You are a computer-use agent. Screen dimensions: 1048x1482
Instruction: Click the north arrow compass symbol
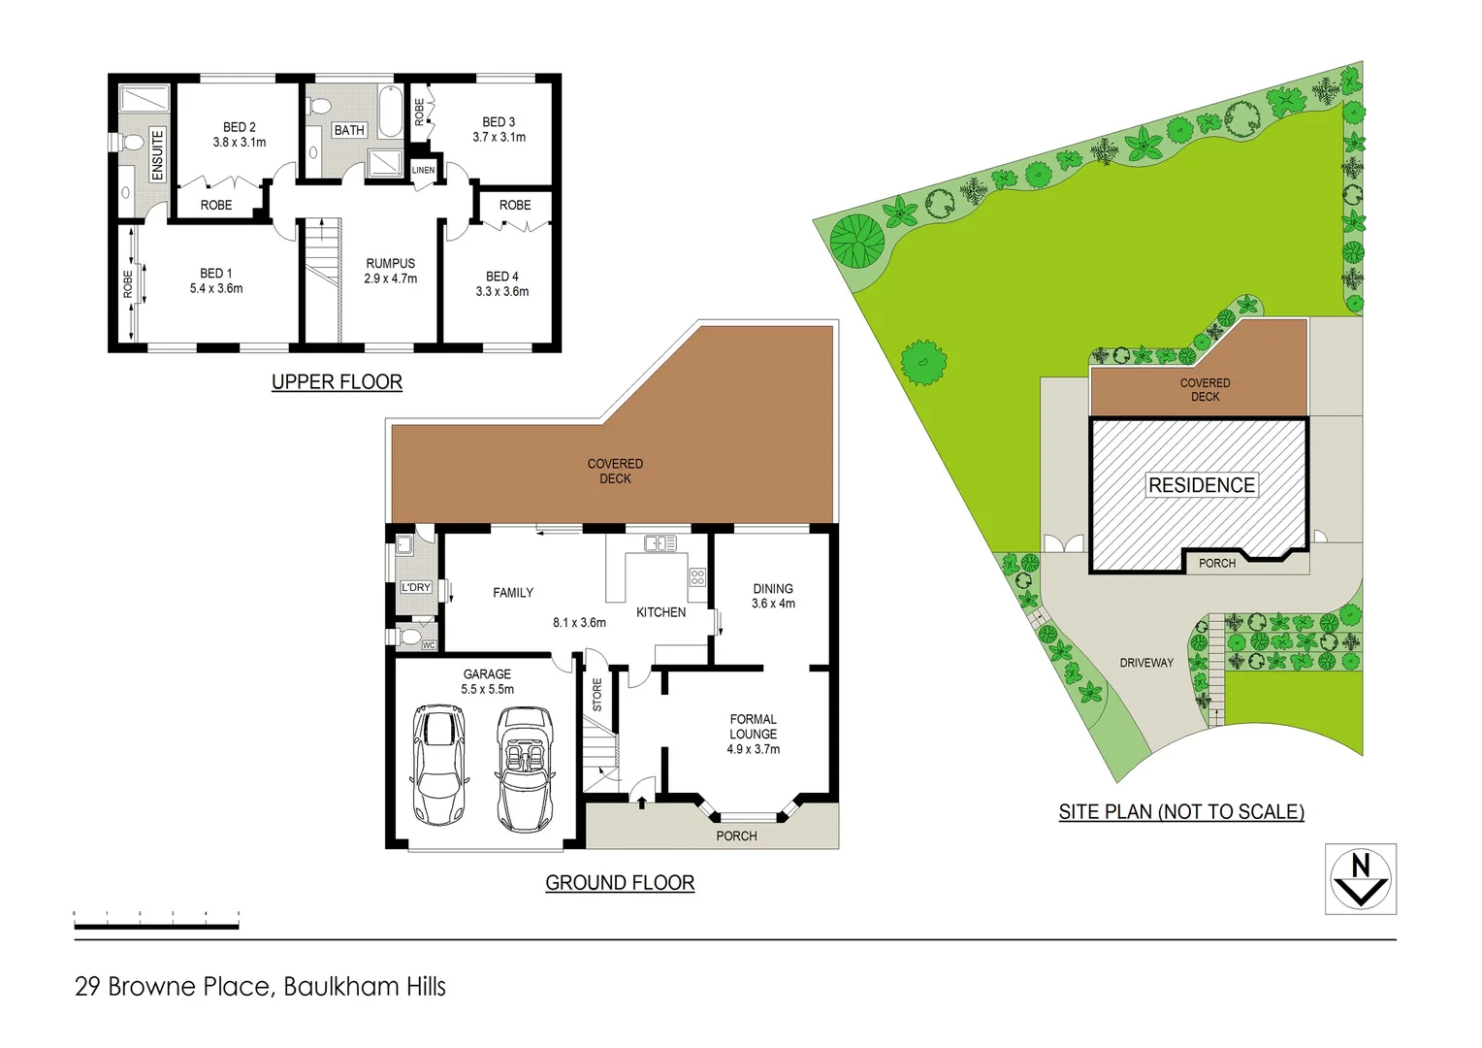(x=1360, y=878)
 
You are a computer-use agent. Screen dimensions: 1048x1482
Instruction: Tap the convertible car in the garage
(x=525, y=768)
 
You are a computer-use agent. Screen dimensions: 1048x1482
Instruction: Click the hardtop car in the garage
(x=438, y=765)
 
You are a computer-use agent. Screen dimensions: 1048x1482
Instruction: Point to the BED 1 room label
(x=215, y=280)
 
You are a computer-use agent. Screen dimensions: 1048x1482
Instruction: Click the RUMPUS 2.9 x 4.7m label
(x=390, y=271)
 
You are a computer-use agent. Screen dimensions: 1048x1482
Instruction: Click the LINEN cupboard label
(x=423, y=170)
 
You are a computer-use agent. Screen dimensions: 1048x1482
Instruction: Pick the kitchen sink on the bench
(x=660, y=543)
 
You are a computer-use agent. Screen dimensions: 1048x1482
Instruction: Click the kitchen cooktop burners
(x=697, y=578)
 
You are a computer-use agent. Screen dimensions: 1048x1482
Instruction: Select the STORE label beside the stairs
(x=597, y=694)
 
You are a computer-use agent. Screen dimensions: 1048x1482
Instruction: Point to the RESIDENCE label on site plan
(x=1201, y=485)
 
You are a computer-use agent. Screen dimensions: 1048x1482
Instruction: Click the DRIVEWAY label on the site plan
(x=1145, y=663)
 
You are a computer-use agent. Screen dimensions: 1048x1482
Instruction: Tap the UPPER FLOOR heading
(x=337, y=382)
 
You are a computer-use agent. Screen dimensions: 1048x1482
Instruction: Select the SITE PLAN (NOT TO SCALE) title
(x=1180, y=812)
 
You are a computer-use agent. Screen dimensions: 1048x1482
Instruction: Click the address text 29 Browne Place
(x=260, y=987)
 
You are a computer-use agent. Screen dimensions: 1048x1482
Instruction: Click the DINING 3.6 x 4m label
(x=773, y=596)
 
